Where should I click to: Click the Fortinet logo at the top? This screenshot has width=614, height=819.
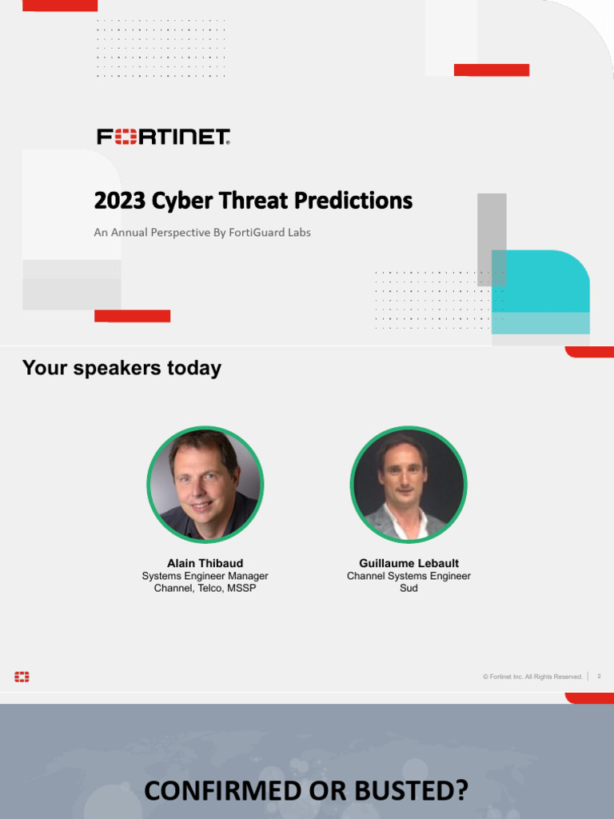pos(163,137)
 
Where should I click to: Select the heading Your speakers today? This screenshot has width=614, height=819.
pos(122,368)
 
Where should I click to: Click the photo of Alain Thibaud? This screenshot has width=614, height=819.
pos(205,485)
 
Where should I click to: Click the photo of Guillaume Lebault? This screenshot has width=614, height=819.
pos(409,485)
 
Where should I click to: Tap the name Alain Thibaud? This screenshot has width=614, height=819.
pos(205,563)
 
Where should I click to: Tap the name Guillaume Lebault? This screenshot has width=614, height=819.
pos(409,563)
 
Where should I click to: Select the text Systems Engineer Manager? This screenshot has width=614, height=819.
pos(205,576)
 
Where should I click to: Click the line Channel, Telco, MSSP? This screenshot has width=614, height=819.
pos(205,589)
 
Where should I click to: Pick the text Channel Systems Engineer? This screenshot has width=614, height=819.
pos(409,576)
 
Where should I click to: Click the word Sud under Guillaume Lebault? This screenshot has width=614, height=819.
pos(409,589)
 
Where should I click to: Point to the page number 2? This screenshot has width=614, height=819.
pos(599,677)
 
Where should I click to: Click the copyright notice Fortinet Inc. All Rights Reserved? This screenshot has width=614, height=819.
pos(532,677)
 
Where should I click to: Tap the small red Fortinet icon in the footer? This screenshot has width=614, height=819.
pos(22,677)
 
